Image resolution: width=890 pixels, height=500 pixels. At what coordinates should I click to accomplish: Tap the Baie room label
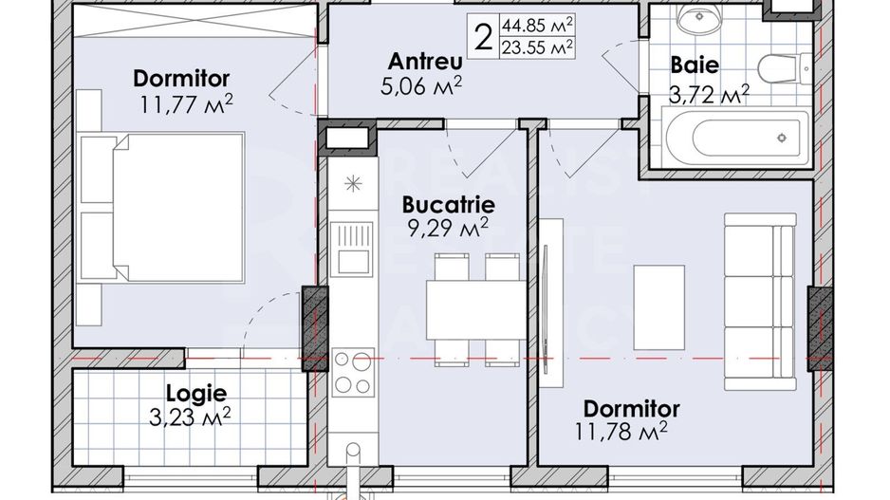click(694, 65)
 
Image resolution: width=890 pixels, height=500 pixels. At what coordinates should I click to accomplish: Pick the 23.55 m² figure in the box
click(540, 45)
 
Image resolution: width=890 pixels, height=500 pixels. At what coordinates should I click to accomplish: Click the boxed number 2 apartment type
click(484, 35)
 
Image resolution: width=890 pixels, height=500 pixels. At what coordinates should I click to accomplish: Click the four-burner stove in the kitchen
click(352, 373)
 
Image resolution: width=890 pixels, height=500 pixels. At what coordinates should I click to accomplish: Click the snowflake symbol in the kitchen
click(352, 182)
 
